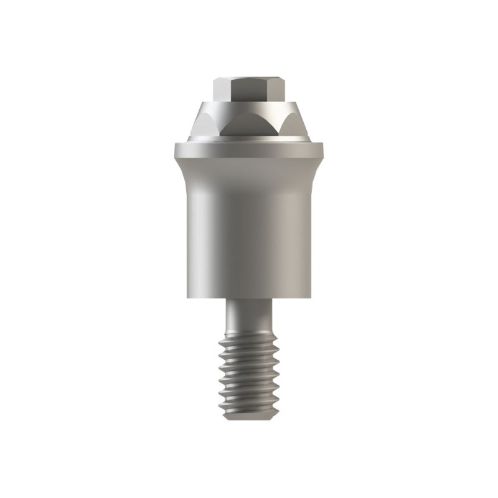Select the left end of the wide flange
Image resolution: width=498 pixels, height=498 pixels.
click(x=177, y=150)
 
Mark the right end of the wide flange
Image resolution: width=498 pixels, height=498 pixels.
click(x=321, y=150)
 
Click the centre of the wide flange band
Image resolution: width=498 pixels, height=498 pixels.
click(x=249, y=150)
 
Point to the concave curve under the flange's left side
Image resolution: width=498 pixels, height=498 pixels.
click(x=182, y=171)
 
